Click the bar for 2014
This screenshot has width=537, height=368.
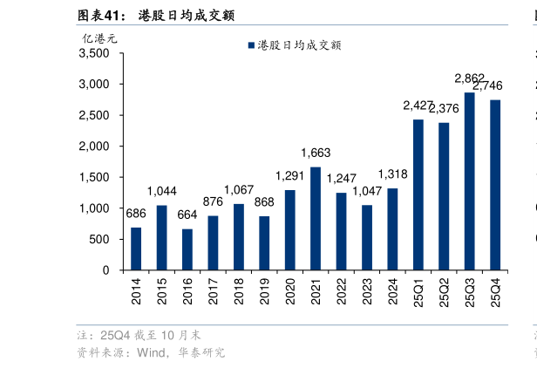click(x=136, y=249)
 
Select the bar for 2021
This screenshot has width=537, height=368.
click(x=316, y=218)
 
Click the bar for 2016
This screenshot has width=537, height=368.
click(x=187, y=249)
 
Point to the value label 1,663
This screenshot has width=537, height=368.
click(x=316, y=153)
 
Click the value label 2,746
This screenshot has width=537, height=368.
click(x=487, y=85)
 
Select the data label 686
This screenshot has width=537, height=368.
click(x=136, y=214)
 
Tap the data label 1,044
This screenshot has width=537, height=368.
click(x=161, y=192)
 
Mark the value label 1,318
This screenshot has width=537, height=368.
click(x=392, y=174)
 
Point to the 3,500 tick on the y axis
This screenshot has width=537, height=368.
click(x=94, y=53)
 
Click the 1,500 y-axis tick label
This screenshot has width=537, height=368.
click(x=94, y=177)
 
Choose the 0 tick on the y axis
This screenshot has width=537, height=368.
click(x=105, y=270)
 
